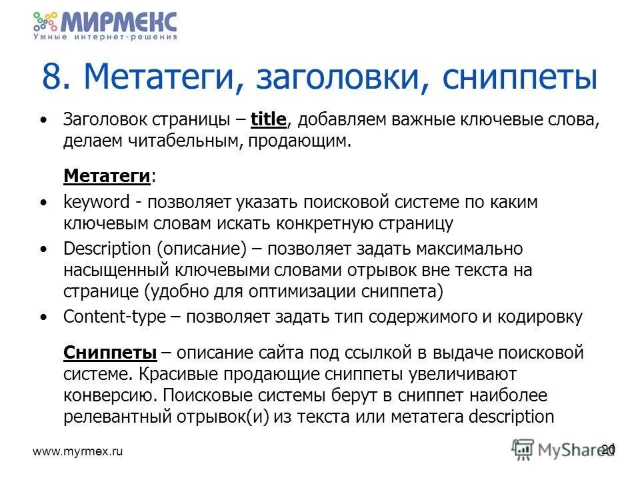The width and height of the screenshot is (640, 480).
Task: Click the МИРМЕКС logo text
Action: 119,21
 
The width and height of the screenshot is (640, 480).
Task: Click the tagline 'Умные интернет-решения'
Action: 105,38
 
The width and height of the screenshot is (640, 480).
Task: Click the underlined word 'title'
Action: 268,120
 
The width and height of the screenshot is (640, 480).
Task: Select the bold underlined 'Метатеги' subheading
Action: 106,176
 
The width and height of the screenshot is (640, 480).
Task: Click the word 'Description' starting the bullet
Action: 107,249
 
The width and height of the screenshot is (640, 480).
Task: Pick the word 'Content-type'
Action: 113,317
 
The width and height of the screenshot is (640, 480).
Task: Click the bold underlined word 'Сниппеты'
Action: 110,352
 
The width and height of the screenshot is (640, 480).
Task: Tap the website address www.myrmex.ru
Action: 79,451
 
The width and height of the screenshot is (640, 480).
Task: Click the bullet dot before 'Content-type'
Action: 44,318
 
